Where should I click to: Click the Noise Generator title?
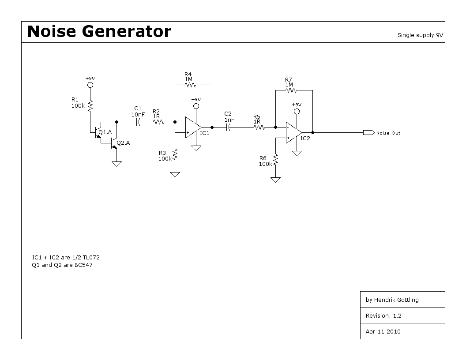(99, 32)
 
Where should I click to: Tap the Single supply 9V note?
(420, 35)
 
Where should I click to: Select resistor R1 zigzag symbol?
(90, 105)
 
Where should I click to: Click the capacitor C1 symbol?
(138, 121)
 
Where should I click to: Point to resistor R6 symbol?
(276, 159)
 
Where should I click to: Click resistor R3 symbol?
(175, 154)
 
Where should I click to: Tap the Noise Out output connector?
(368, 132)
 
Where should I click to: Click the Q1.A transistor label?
(105, 132)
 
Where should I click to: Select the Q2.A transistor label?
(124, 142)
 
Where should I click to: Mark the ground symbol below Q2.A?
(117, 164)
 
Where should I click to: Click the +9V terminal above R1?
(90, 85)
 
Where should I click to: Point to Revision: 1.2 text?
(383, 315)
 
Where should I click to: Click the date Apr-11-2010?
(383, 331)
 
